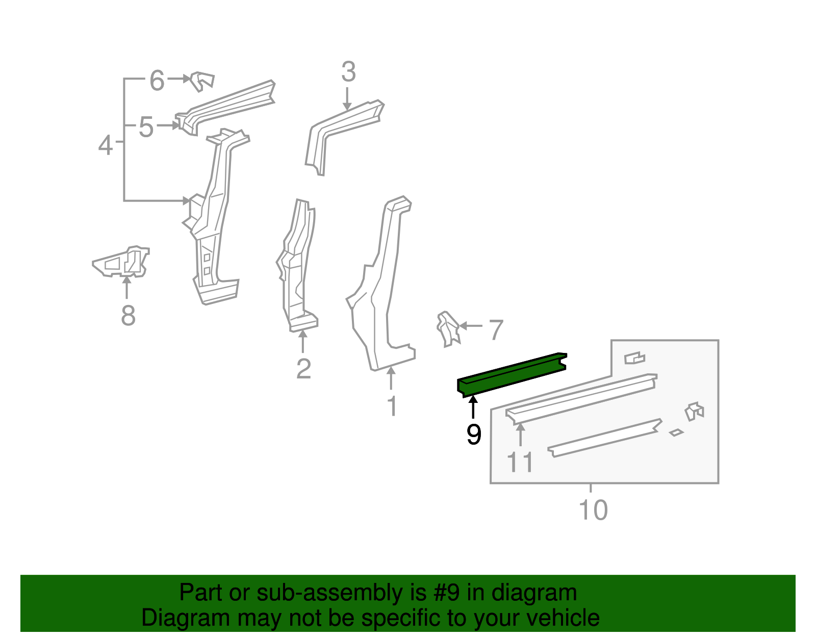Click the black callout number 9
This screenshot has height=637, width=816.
click(474, 435)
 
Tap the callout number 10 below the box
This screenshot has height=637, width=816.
click(593, 510)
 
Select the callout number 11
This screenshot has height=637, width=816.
click(520, 463)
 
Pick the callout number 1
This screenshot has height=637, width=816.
click(392, 406)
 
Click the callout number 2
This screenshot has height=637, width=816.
click(303, 369)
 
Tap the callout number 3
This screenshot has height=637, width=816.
click(348, 72)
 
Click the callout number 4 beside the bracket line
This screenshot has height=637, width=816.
click(105, 145)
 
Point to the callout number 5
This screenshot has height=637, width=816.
click(146, 127)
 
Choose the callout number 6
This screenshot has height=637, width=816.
click(157, 81)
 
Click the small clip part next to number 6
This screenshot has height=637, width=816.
click(202, 81)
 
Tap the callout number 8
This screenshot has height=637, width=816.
click(128, 315)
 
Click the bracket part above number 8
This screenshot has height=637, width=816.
click(122, 262)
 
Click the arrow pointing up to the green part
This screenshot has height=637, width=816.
click(473, 406)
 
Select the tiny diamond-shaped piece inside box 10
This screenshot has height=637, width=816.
click(676, 432)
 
